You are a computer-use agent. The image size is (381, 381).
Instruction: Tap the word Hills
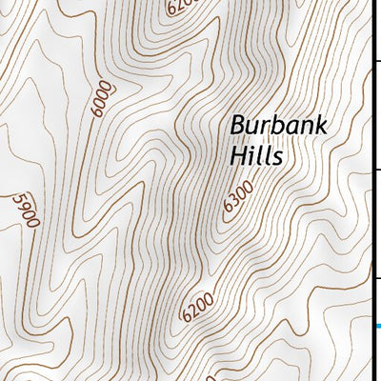pos(256,154)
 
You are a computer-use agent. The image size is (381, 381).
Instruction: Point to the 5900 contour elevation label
pos(25,210)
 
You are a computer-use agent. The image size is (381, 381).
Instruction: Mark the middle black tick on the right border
pos(377,169)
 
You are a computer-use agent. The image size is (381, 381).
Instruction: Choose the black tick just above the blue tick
pos(377,278)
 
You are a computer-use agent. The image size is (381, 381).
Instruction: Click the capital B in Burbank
pos(236,126)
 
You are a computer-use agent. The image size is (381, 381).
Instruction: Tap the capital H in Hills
pos(237,154)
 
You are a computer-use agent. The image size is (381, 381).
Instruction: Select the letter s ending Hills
pos(277,156)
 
